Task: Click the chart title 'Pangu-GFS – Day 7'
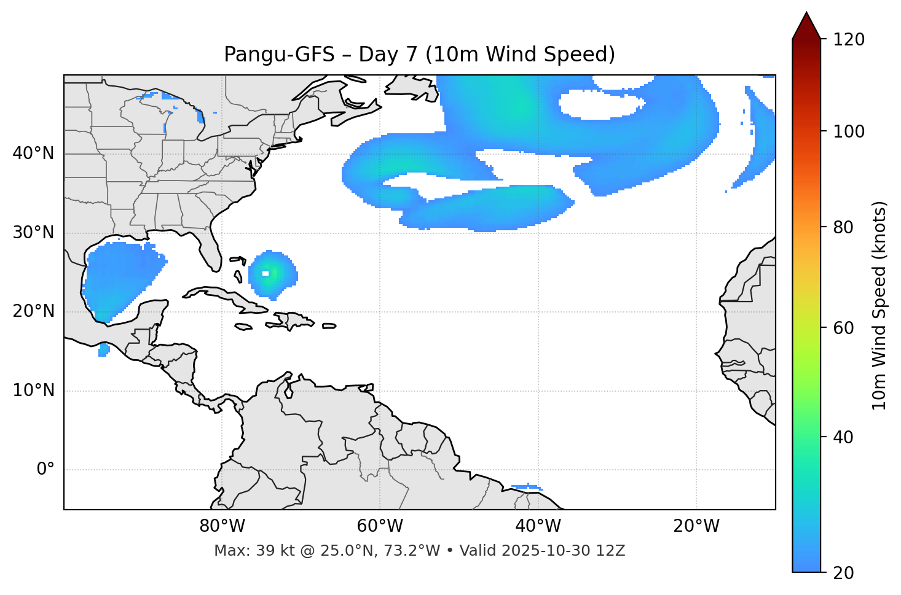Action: (419, 55)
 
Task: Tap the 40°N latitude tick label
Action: (33, 154)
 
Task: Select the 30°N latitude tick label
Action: (33, 233)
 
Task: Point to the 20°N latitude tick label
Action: (33, 311)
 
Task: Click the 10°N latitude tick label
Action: (33, 391)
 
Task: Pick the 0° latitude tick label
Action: (45, 470)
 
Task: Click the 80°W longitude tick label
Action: (222, 526)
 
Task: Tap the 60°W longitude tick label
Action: (380, 526)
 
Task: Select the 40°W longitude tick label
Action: (538, 526)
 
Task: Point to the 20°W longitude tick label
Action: (696, 526)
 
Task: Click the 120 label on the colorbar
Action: (849, 40)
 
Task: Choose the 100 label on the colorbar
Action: (849, 131)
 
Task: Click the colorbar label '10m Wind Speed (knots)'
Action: (879, 305)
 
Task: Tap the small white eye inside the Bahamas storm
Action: (266, 273)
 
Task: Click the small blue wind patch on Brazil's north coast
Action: (526, 487)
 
